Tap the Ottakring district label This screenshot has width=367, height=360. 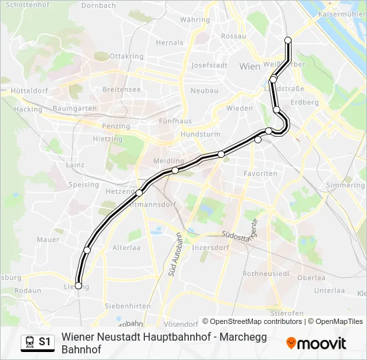[x=126, y=56]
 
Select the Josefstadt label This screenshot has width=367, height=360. [x=210, y=65]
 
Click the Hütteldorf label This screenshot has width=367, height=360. [x=29, y=90]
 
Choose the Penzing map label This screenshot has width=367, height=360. [x=116, y=125]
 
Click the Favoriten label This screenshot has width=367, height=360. [x=260, y=173]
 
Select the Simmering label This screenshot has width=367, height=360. [x=346, y=185]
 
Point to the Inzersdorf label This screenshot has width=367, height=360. [x=210, y=247]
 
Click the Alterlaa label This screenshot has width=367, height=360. [x=126, y=247]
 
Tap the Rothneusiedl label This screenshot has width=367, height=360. [x=266, y=273]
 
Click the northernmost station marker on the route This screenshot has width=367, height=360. [x=288, y=41]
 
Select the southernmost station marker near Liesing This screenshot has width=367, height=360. [x=79, y=285]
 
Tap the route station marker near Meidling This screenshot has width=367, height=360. [x=175, y=170]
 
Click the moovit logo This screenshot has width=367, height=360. [x=316, y=343]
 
